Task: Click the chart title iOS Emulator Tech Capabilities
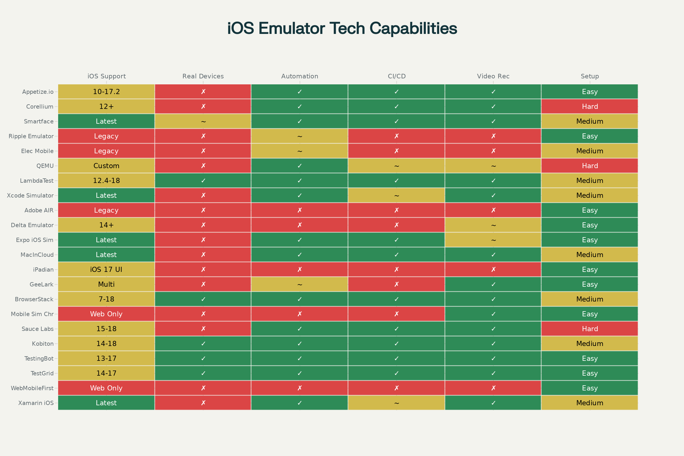342,28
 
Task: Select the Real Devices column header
203,76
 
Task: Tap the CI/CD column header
397,76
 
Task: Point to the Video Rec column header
493,76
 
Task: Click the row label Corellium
40,106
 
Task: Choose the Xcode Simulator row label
30,196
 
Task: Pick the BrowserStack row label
34,299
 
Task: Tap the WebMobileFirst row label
32,388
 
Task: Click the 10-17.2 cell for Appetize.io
106,91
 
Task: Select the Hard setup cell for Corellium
590,106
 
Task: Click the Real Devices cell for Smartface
203,121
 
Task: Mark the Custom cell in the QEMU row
106,166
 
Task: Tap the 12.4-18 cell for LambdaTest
106,181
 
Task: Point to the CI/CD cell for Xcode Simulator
397,196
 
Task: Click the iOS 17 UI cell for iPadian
106,270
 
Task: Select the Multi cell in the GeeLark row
106,284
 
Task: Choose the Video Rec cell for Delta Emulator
493,225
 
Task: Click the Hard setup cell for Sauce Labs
590,329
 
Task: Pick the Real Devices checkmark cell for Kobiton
203,344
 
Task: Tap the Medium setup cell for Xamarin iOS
590,403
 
